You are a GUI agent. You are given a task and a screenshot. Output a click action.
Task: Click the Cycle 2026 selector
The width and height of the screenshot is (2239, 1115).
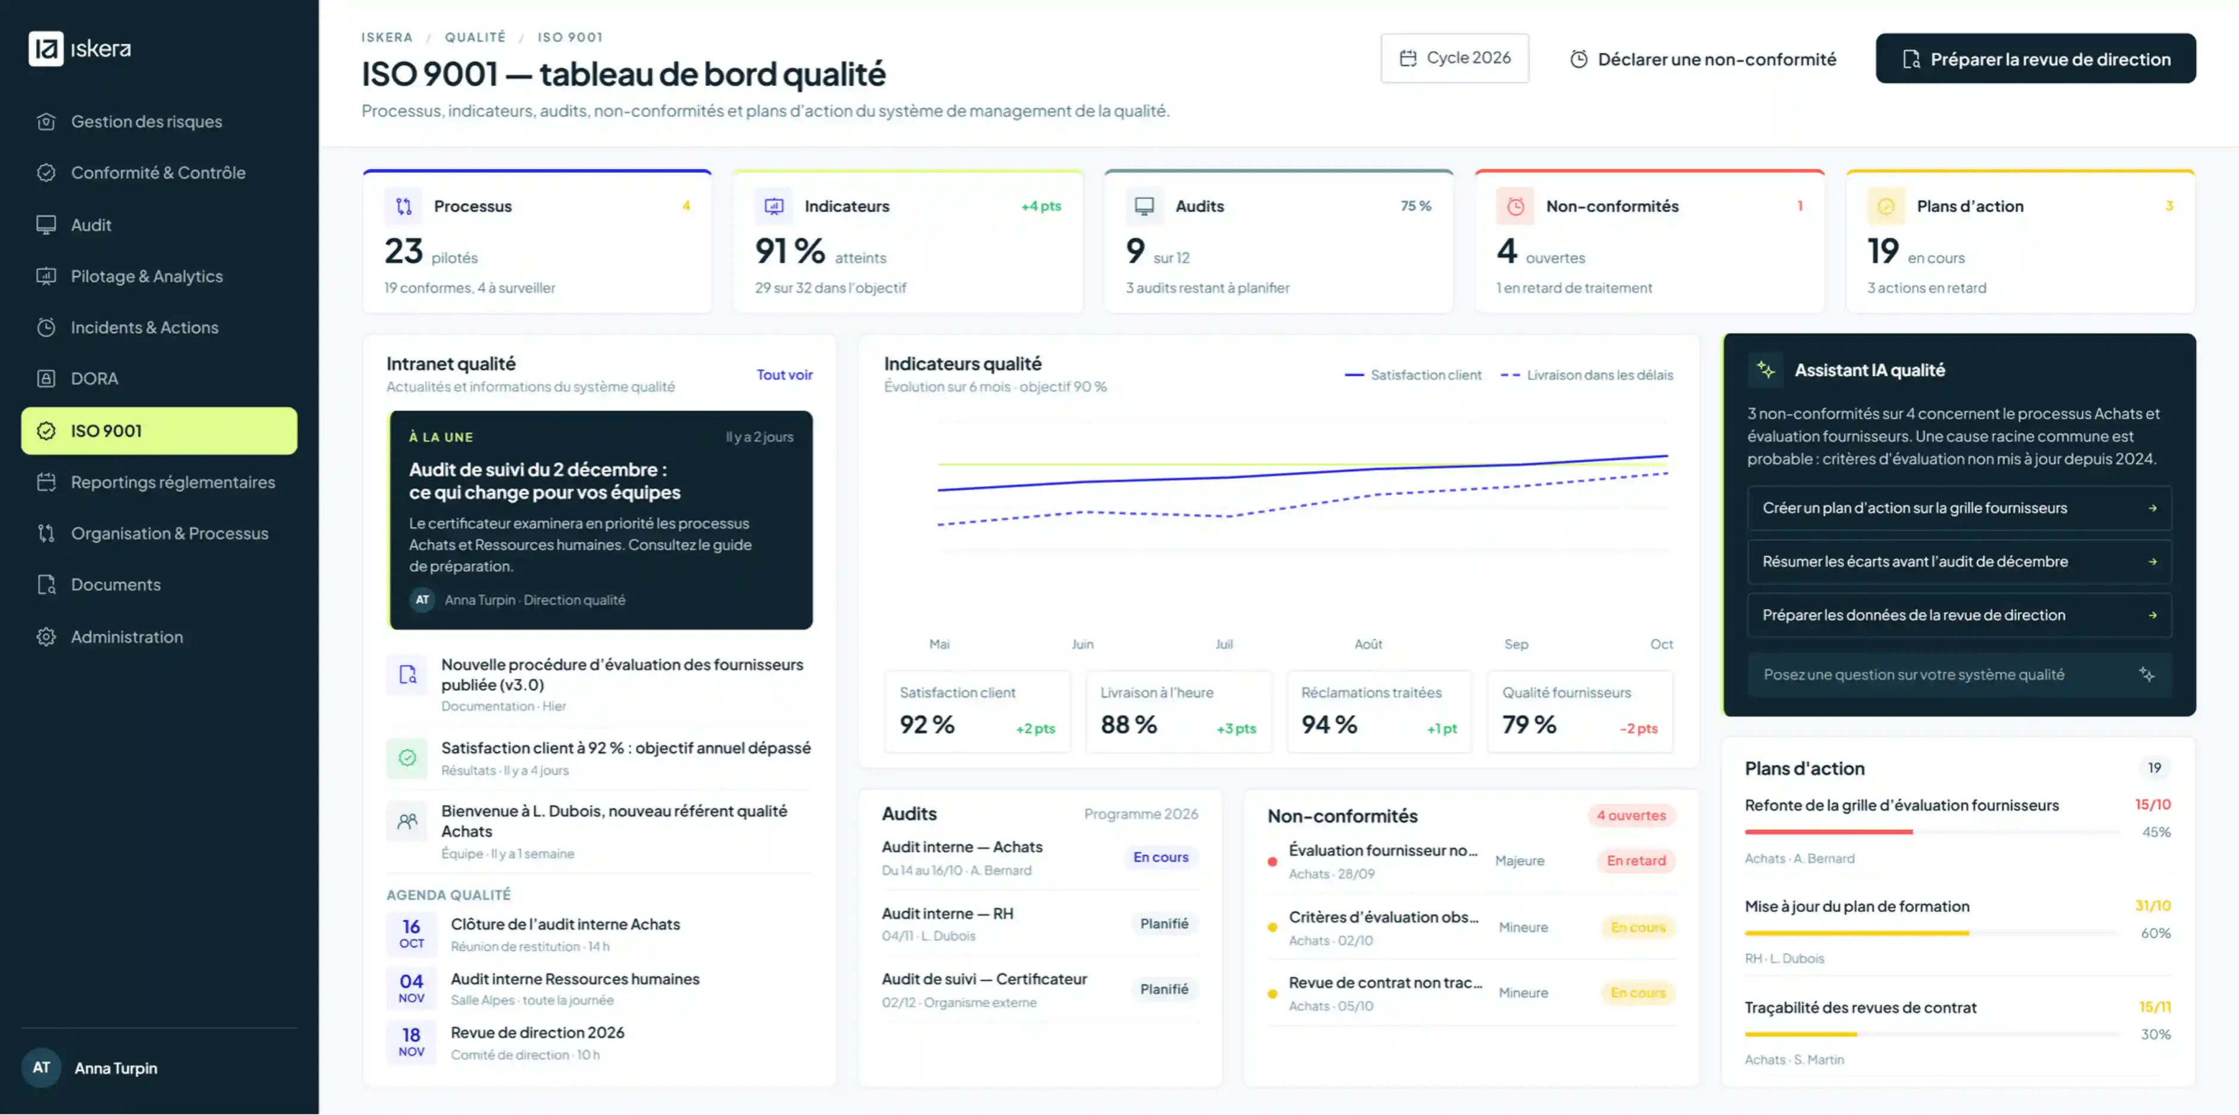pyautogui.click(x=1454, y=58)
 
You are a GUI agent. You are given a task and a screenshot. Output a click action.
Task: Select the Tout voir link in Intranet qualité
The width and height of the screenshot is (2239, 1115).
pyautogui.click(x=784, y=375)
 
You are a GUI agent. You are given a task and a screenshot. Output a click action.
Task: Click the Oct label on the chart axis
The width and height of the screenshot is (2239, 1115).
pyautogui.click(x=1661, y=644)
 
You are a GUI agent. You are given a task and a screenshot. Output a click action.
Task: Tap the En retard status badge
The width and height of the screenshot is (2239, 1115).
pyautogui.click(x=1636, y=860)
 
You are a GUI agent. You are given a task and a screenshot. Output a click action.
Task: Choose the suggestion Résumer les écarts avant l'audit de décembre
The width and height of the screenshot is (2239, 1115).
pyautogui.click(x=1959, y=562)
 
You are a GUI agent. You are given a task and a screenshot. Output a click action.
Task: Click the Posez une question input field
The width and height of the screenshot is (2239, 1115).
pyautogui.click(x=1959, y=674)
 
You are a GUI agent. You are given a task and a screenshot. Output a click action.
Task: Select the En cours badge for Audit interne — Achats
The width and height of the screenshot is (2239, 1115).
pyautogui.click(x=1161, y=857)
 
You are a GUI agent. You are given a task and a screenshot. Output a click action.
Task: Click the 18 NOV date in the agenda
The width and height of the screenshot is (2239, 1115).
pyautogui.click(x=411, y=1041)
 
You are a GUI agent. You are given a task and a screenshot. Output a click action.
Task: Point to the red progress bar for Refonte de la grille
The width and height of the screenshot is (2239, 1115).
pyautogui.click(x=1829, y=831)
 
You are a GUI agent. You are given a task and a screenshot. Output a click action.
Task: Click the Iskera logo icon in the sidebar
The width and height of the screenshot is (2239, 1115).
pyautogui.click(x=45, y=49)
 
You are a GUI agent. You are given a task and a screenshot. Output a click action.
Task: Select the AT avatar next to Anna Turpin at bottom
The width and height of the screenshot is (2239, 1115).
pyautogui.click(x=41, y=1067)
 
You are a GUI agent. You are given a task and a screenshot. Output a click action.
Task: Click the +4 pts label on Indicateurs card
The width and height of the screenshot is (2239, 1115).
pyautogui.click(x=1040, y=206)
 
